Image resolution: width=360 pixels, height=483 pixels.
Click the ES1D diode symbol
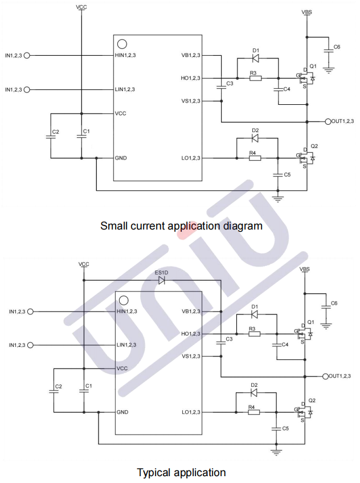click(x=162, y=280)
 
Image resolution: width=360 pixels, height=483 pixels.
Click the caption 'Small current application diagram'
click(x=181, y=226)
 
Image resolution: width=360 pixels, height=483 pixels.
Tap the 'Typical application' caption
click(x=181, y=472)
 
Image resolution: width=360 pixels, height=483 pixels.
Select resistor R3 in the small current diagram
click(x=255, y=78)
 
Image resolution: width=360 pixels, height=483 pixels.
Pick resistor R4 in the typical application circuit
click(x=255, y=412)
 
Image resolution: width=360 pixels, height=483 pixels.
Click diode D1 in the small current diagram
click(x=256, y=58)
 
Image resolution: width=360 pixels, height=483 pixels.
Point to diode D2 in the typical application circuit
click(x=255, y=392)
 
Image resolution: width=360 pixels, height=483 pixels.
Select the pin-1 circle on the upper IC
click(x=122, y=44)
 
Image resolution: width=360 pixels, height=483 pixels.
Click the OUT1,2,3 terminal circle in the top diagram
click(x=327, y=121)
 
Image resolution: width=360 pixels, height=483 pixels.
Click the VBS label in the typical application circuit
click(x=305, y=269)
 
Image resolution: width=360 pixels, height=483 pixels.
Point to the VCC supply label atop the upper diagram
click(x=81, y=7)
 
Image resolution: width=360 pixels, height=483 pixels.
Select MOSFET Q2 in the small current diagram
click(x=308, y=155)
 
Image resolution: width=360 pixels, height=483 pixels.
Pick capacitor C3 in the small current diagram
click(x=221, y=85)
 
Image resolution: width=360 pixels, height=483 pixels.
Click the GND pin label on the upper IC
click(x=121, y=158)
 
